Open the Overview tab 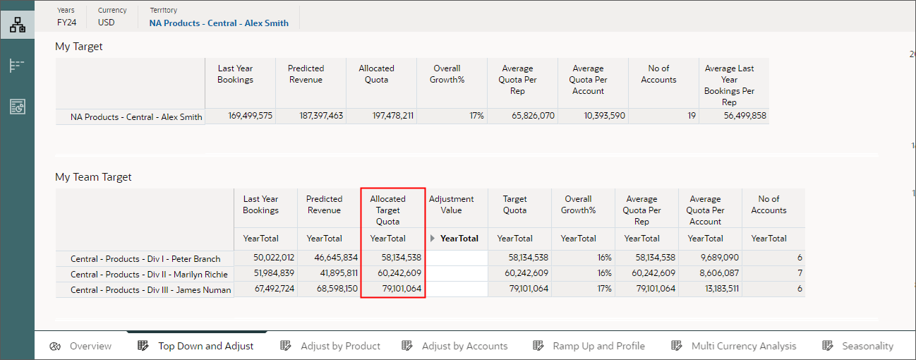[x=81, y=346]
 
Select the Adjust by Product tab [x=331, y=346]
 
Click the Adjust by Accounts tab [x=455, y=346]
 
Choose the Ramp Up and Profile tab [x=589, y=346]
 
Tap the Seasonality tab [x=858, y=346]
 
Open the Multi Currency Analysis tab [x=734, y=346]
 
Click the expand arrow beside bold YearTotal [x=433, y=239]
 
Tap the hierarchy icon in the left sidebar [x=17, y=25]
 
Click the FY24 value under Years [x=66, y=23]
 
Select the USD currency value [x=106, y=23]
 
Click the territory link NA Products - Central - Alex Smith [x=219, y=23]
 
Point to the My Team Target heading [x=93, y=177]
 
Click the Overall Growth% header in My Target [x=447, y=74]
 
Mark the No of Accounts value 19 [x=691, y=116]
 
